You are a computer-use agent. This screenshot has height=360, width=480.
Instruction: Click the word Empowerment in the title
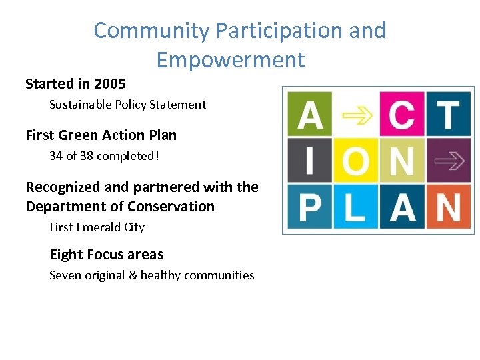(x=230, y=60)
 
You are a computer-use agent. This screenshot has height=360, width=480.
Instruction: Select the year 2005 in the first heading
(x=110, y=84)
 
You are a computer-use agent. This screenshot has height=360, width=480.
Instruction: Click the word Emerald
(x=96, y=227)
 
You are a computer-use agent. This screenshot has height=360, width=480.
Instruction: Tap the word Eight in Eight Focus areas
(x=66, y=255)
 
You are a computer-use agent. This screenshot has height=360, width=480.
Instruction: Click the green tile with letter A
(x=309, y=114)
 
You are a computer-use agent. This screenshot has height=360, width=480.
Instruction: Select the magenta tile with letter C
(x=401, y=114)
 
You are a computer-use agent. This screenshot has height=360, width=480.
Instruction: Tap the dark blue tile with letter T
(x=447, y=114)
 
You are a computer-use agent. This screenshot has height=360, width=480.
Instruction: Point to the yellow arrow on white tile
(x=355, y=114)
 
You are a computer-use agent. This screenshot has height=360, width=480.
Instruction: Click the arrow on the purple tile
(x=447, y=160)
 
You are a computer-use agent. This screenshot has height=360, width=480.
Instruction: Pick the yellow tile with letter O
(x=355, y=160)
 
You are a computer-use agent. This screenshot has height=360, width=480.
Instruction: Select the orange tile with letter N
(x=447, y=206)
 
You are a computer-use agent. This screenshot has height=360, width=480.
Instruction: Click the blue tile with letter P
(x=309, y=206)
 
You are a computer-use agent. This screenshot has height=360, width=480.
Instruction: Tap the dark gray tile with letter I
(x=309, y=160)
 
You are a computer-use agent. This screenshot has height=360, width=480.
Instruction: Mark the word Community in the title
(x=151, y=31)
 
